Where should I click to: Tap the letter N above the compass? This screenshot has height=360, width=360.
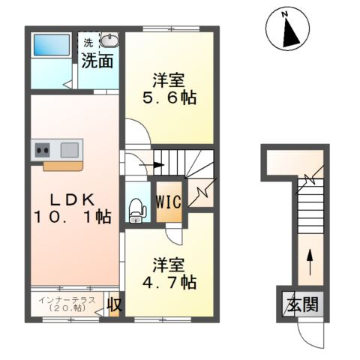[x=285, y=13]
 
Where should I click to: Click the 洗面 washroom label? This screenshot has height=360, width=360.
[x=97, y=61]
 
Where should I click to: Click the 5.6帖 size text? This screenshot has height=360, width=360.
[x=169, y=97]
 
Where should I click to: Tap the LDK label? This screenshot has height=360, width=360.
[x=72, y=199]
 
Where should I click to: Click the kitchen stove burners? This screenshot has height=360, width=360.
[x=42, y=148]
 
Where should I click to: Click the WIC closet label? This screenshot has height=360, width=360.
[x=168, y=202]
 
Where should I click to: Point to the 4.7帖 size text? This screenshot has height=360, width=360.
[x=169, y=283]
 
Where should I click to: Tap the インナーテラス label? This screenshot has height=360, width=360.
[x=67, y=300]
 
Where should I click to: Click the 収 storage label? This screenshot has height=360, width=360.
[x=114, y=304]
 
